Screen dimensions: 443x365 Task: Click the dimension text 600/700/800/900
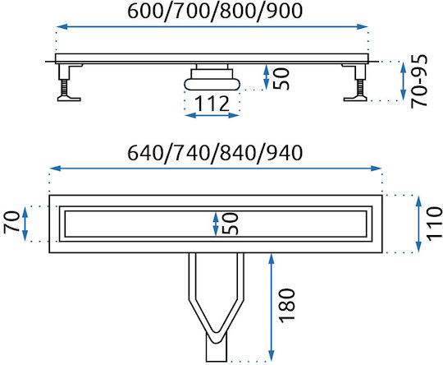tap(215, 12)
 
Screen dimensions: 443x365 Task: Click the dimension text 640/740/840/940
tap(215, 153)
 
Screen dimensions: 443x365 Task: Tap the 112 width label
tap(212, 104)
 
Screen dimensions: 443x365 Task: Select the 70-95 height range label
tap(419, 81)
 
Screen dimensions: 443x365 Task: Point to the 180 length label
tap(287, 306)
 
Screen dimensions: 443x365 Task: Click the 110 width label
tap(434, 224)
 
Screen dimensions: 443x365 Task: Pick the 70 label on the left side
tap(11, 222)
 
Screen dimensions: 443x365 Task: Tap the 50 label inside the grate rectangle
tap(231, 224)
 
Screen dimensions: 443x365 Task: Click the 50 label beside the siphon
tap(281, 79)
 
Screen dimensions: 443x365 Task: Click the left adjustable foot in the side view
tap(69, 82)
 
